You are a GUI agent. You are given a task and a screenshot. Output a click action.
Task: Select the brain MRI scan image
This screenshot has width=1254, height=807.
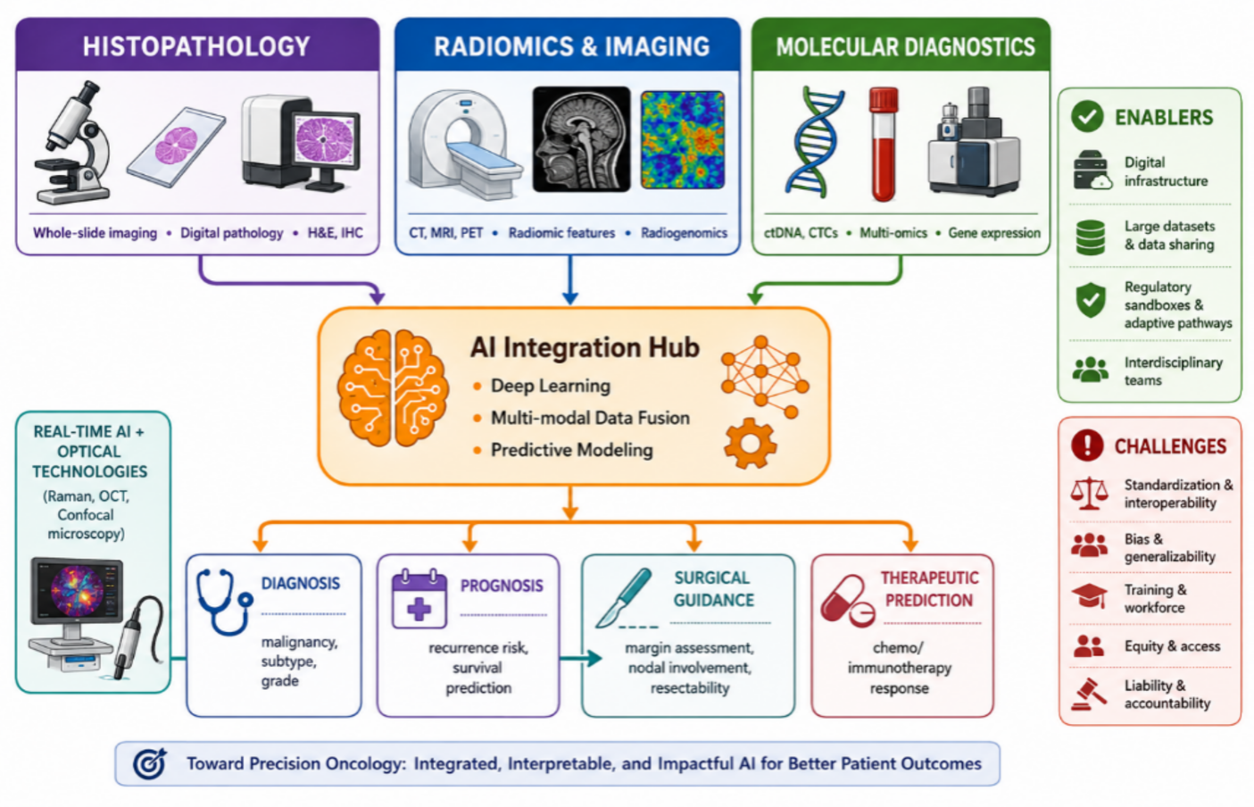tap(581, 139)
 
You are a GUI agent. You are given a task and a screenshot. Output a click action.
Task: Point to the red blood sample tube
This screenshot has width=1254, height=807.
tap(884, 144)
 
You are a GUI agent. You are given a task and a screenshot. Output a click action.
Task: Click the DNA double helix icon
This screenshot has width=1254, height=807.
tap(815, 143)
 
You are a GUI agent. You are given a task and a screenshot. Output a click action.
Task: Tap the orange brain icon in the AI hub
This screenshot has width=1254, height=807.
tap(393, 388)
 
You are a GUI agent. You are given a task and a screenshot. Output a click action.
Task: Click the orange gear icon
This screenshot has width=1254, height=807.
tap(750, 444)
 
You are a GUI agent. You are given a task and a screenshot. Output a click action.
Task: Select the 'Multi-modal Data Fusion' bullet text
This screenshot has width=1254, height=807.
tap(590, 419)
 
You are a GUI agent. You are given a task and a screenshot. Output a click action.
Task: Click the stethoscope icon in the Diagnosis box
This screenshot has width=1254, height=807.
tap(224, 602)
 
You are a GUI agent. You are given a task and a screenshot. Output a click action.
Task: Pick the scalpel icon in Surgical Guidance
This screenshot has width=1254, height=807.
tap(624, 597)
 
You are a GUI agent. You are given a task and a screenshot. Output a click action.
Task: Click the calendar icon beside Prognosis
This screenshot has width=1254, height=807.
tap(419, 599)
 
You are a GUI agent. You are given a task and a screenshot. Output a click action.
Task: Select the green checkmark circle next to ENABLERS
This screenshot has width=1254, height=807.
tap(1087, 116)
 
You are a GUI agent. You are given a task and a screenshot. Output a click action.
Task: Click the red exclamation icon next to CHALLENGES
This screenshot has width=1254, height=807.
tap(1087, 445)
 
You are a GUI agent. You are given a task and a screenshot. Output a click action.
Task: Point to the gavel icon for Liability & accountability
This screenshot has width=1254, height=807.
tap(1089, 695)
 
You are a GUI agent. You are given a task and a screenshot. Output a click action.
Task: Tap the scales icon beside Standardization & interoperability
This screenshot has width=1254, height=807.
tap(1089, 494)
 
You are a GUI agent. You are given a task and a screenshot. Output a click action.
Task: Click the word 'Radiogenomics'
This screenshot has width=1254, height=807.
tap(684, 233)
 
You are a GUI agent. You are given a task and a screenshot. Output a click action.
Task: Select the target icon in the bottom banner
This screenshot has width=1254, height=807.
tap(150, 763)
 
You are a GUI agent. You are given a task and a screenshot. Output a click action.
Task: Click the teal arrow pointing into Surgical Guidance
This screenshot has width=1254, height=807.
tap(580, 659)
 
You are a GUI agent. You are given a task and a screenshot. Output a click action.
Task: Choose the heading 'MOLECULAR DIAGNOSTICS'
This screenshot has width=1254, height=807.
tap(905, 47)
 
